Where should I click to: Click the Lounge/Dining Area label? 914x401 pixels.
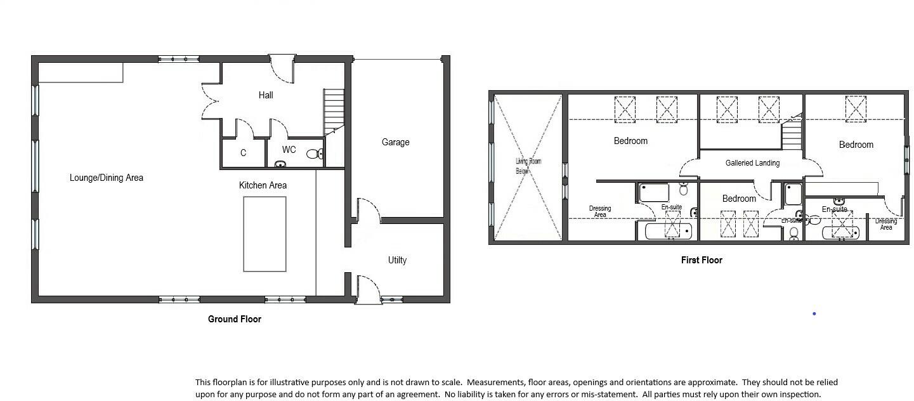click(x=106, y=178)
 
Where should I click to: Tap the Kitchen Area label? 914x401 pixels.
click(x=263, y=185)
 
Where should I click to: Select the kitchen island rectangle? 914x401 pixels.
click(x=264, y=234)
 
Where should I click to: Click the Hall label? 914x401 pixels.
click(x=266, y=95)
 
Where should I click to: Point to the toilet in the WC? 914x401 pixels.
click(x=313, y=154)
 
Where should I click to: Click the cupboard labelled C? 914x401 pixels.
click(x=243, y=153)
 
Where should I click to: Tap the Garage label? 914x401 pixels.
click(x=395, y=142)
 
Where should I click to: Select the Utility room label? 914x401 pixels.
click(x=397, y=260)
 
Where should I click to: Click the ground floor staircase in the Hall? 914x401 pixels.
click(x=334, y=111)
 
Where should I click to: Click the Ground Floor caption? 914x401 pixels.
click(x=235, y=319)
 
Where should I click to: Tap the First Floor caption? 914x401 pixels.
click(x=702, y=260)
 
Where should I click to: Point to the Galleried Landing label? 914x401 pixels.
click(x=752, y=163)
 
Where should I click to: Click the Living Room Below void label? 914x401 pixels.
click(x=528, y=166)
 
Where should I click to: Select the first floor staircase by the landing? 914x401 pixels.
click(x=792, y=134)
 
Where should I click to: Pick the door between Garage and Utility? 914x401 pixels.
click(x=368, y=210)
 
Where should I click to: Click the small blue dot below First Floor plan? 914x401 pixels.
click(x=814, y=313)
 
